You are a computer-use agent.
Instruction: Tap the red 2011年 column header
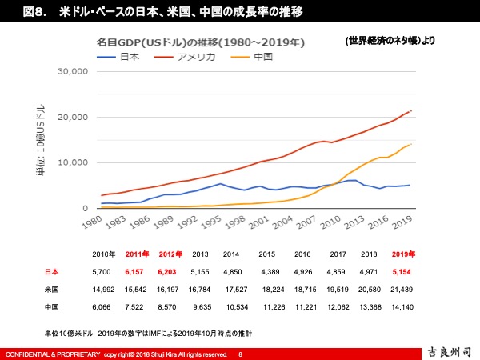click(138, 254)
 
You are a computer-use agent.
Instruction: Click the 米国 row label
click(52, 290)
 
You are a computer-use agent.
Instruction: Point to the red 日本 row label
click(52, 272)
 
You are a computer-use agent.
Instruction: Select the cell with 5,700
click(102, 272)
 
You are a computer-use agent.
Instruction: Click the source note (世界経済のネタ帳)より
click(390, 40)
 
